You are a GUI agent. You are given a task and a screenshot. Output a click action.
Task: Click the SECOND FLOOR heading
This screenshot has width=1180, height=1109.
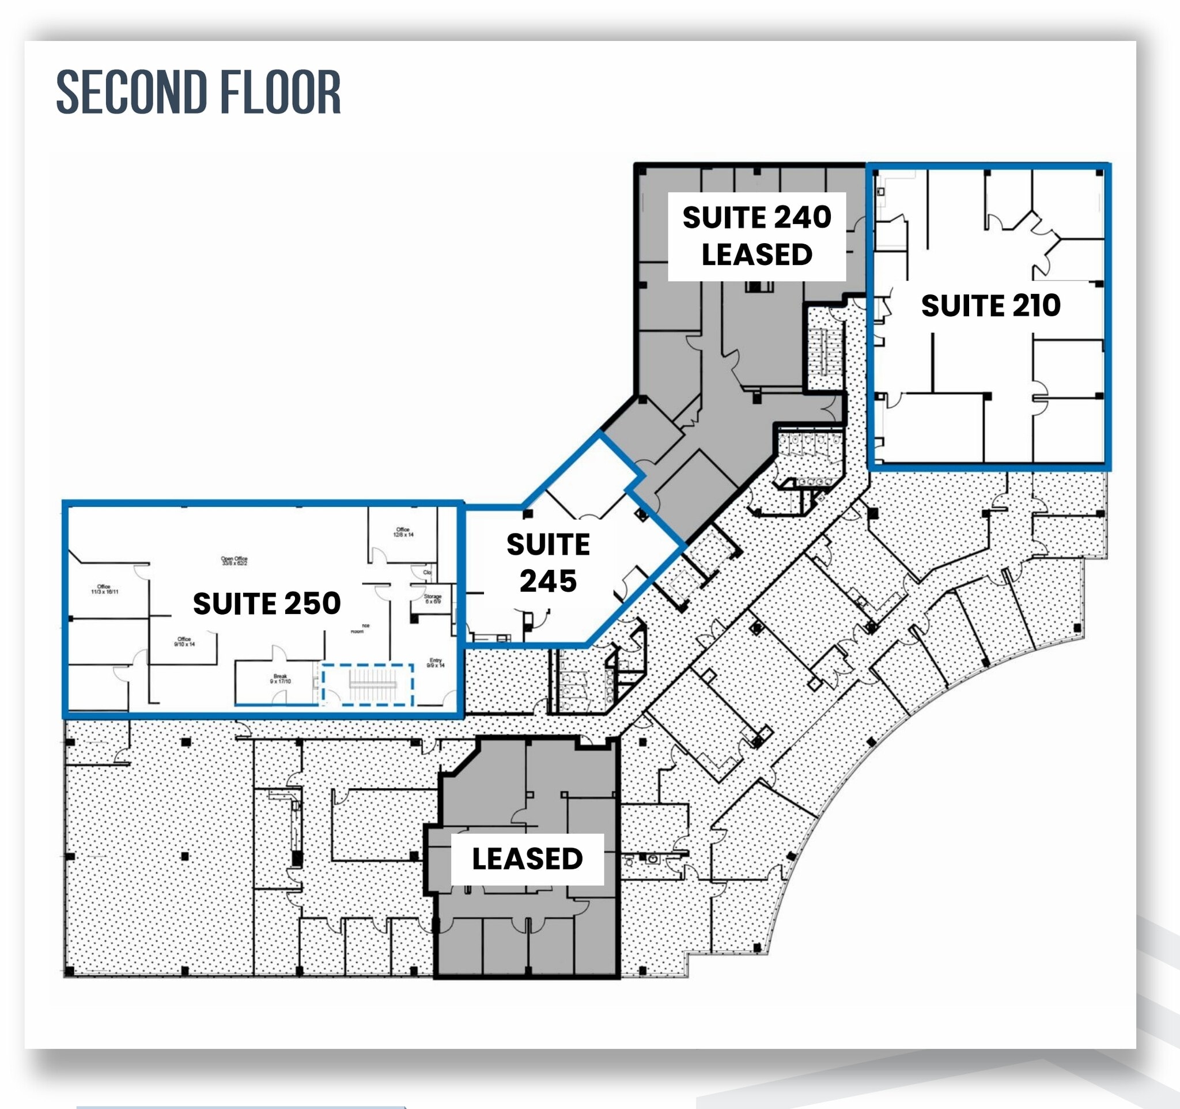(x=198, y=92)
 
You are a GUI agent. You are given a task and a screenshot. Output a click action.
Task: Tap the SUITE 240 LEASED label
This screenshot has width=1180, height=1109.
(x=756, y=236)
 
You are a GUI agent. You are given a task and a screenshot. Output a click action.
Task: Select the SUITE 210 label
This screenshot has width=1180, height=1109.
(x=990, y=305)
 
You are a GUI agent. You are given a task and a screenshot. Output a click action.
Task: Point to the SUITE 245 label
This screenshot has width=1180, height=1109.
(x=548, y=562)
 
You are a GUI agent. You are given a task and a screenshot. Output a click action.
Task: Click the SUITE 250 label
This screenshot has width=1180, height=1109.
(x=267, y=603)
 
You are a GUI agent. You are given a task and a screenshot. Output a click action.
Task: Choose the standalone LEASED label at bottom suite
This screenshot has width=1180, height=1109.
(x=527, y=858)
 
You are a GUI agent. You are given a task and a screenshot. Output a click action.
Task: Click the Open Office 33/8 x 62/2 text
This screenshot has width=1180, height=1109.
(x=234, y=561)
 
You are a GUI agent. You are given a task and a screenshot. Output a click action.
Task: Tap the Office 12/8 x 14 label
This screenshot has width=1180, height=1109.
(x=403, y=532)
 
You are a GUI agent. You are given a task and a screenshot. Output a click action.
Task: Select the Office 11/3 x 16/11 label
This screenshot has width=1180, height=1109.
(x=104, y=589)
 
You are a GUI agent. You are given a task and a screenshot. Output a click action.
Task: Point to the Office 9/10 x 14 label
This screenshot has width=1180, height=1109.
(x=184, y=641)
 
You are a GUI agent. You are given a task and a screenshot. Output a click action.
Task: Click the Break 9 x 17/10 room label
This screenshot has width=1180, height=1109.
(x=280, y=679)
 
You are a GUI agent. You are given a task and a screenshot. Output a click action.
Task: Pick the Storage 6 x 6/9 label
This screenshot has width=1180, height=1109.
(x=433, y=599)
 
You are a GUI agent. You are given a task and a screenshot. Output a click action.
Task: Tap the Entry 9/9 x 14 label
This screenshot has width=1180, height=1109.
(x=436, y=663)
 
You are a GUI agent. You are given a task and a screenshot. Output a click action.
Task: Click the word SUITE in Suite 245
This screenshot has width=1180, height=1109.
(x=548, y=544)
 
